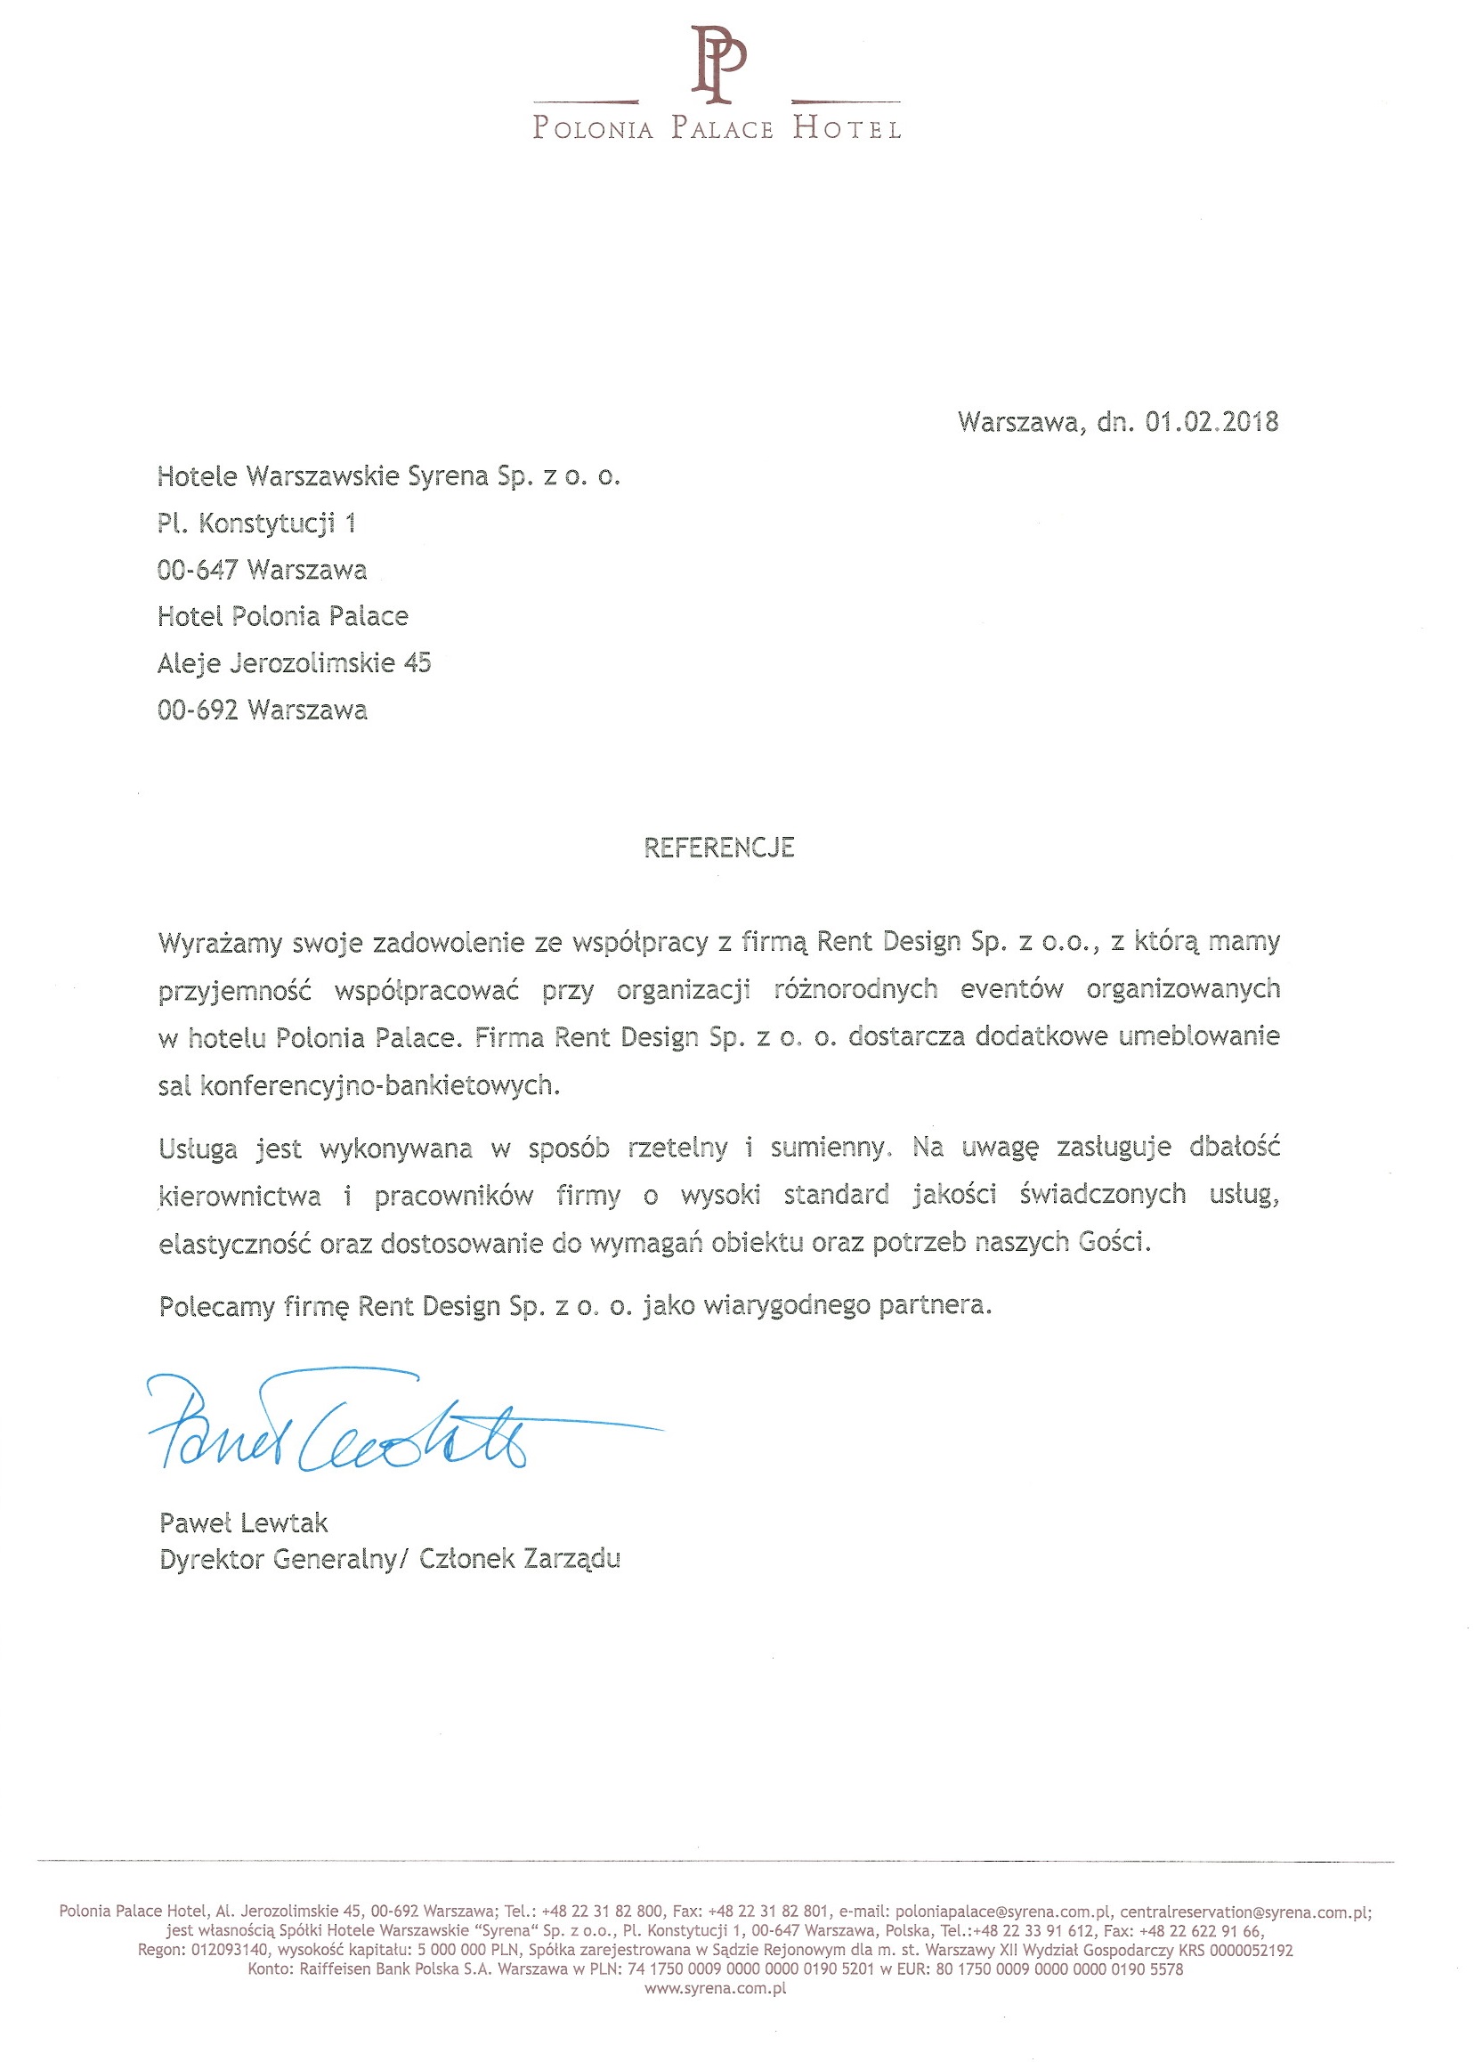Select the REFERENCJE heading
[x=718, y=848]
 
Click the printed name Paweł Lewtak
[x=243, y=1522]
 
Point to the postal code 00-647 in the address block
[x=197, y=570]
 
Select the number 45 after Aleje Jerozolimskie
[x=417, y=663]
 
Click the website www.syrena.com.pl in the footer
[x=715, y=1988]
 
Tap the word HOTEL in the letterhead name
[x=847, y=128]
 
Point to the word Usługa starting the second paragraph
[x=198, y=1149]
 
